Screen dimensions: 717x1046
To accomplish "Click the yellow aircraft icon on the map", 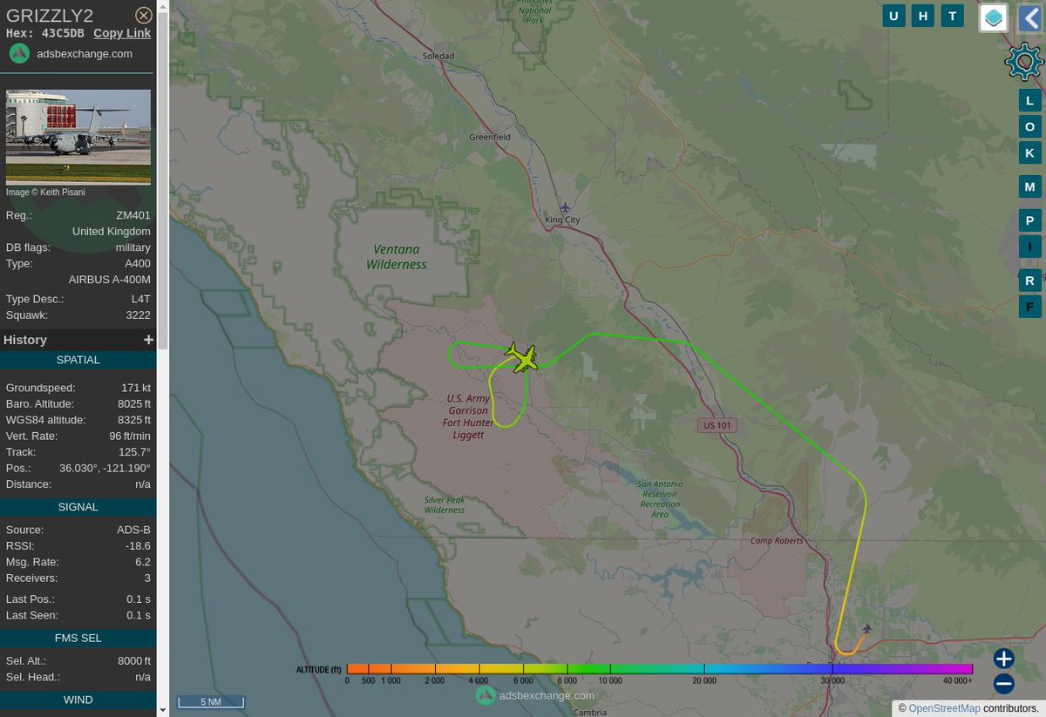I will (x=522, y=358).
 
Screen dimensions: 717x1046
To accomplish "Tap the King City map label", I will (x=562, y=220).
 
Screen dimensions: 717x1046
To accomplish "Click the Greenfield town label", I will (x=490, y=138).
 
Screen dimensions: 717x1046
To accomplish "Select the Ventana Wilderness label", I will (x=397, y=256).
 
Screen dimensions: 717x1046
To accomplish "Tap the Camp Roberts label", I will (x=773, y=541).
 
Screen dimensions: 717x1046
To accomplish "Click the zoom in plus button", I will (x=1003, y=659).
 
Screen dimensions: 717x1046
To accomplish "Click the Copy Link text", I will (x=122, y=33).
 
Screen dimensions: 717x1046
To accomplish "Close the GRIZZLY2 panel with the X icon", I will (x=144, y=15).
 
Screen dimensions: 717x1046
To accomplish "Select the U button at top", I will (x=893, y=16).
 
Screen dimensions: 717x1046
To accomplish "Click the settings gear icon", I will (x=1023, y=62).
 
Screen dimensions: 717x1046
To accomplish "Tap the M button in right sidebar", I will (x=1029, y=186).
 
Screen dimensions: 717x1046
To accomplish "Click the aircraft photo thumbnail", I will (x=78, y=137).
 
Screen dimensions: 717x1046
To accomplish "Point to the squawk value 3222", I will (x=138, y=315).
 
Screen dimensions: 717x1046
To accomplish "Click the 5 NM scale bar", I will (x=210, y=701).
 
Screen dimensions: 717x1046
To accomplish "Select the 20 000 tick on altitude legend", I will (x=704, y=680).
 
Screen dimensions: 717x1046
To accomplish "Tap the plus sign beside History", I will (x=148, y=340).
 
